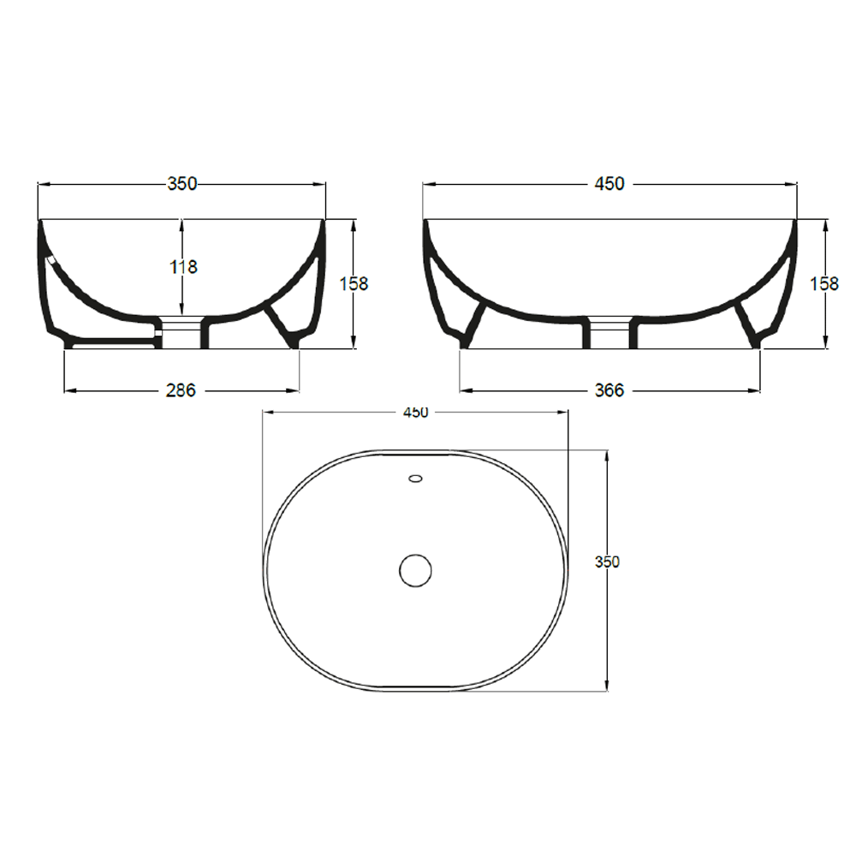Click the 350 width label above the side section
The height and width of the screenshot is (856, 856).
click(182, 183)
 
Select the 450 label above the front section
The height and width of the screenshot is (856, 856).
click(609, 183)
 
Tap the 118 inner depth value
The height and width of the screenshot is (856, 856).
click(182, 267)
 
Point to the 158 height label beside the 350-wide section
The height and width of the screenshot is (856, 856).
click(354, 283)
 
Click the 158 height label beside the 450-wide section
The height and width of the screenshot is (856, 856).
click(824, 283)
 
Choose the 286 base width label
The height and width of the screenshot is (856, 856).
click(181, 390)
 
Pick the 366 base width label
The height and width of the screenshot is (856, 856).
click(609, 390)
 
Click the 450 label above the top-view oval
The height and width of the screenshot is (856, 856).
click(415, 413)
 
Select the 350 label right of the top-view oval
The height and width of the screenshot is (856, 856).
click(607, 562)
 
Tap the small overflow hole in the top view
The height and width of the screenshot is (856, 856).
click(416, 479)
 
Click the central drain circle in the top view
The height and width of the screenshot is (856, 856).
click(416, 570)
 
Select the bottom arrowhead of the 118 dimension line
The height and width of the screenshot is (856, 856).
click(181, 309)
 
